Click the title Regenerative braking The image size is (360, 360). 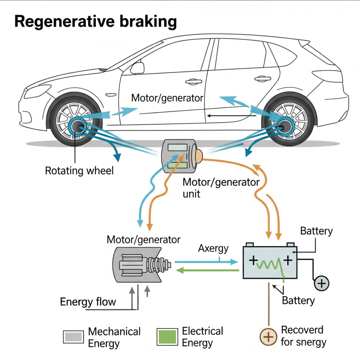point(95,21)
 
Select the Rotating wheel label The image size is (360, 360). point(79,171)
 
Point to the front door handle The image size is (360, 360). point(194,82)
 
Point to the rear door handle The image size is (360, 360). point(263,79)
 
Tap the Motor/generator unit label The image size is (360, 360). point(221,188)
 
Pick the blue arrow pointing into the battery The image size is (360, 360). point(206,262)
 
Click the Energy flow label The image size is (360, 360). point(88,302)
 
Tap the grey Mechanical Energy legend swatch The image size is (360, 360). point(73,336)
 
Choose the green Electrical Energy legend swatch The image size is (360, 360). point(167,336)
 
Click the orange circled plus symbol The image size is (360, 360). point(268,337)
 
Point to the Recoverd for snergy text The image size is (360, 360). point(303,336)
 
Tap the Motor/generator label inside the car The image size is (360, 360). point(167,98)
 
